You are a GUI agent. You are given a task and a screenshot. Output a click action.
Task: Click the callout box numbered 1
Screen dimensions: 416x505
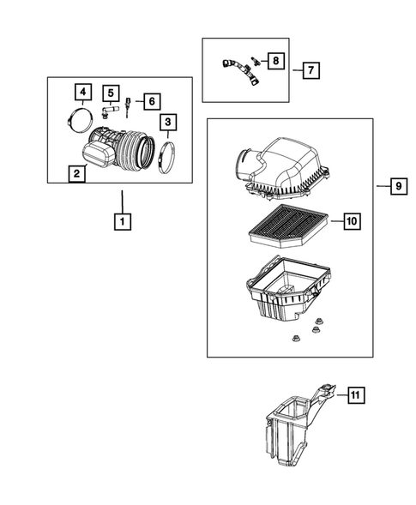[123, 221]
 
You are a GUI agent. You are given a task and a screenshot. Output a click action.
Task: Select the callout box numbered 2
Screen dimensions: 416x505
[76, 173]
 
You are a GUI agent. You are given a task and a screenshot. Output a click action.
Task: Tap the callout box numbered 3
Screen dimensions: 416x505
[168, 122]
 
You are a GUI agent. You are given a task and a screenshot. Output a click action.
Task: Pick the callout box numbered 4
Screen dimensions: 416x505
[83, 92]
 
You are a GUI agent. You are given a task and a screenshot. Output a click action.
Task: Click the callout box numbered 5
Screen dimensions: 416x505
[111, 93]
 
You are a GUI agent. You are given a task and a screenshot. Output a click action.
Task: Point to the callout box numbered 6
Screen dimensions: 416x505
[152, 101]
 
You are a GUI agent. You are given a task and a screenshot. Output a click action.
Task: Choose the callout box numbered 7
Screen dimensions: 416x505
[311, 70]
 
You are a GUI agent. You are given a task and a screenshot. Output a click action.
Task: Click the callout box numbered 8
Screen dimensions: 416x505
[276, 61]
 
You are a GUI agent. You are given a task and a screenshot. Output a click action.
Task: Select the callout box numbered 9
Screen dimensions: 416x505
[399, 186]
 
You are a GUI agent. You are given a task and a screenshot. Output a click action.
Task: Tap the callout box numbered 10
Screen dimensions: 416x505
[353, 221]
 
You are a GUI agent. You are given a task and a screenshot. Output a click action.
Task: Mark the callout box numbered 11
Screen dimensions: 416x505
[355, 395]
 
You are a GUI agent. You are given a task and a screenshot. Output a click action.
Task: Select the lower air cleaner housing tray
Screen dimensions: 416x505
[289, 292]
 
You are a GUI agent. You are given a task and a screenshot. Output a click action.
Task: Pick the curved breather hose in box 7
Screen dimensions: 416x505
[240, 71]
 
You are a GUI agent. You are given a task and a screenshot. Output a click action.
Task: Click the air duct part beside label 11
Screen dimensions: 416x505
[298, 425]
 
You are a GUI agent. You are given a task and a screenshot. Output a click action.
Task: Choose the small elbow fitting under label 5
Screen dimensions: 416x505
[109, 111]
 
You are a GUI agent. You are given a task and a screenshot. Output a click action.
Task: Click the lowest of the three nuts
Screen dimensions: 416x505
[295, 338]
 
